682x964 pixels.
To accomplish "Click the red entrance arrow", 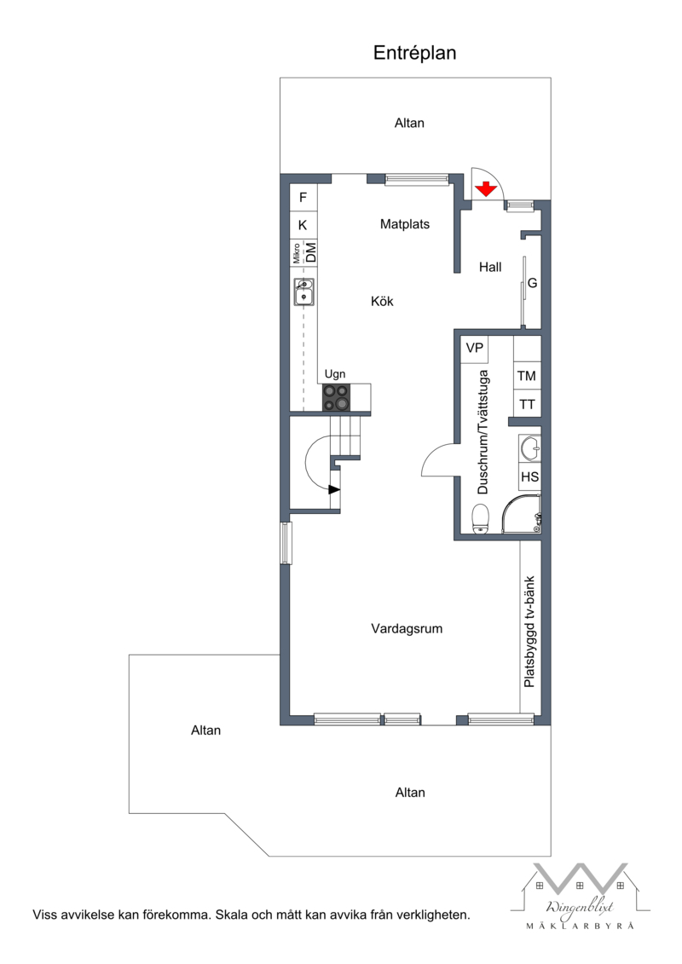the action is (x=486, y=188).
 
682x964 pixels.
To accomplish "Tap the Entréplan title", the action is (x=414, y=53).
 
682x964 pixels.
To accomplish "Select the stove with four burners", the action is (x=337, y=397).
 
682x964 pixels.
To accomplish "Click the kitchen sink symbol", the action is (x=303, y=292).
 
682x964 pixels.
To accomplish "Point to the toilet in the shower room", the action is (x=480, y=519).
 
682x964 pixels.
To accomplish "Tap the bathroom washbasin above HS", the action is (x=530, y=447).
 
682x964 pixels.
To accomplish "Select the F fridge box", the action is (x=303, y=198).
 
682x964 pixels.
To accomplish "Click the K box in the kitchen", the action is (x=303, y=225).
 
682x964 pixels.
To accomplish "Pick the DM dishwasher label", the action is (x=311, y=252).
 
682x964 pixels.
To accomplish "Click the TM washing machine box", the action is (x=526, y=376).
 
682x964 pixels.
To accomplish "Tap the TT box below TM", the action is (x=526, y=404).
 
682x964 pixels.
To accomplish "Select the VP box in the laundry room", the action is (x=474, y=349).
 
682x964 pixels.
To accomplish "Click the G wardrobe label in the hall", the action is (x=533, y=284).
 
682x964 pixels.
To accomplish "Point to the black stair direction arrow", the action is (x=334, y=489).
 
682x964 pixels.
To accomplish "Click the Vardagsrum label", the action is (x=407, y=629).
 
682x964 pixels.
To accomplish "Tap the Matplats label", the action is (x=405, y=224).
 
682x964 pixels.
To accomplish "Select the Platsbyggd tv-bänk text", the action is (x=529, y=632).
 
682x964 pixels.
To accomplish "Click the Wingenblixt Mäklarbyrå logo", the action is (x=580, y=896).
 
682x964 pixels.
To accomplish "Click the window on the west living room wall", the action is (x=286, y=542).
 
